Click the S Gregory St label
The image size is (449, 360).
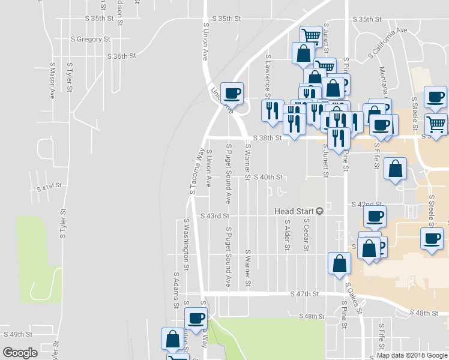pos(91,39)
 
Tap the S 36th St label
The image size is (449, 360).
pos(122,56)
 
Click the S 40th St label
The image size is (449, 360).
pos(268,178)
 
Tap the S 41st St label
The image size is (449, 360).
pos(49,187)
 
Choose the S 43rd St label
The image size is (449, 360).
pos(215,216)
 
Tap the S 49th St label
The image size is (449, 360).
pos(17,334)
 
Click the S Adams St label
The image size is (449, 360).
pos(176,290)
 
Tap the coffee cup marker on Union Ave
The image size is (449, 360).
pos(232,92)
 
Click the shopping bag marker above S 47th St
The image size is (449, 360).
pos(340,263)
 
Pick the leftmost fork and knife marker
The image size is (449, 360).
pos(272,110)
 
